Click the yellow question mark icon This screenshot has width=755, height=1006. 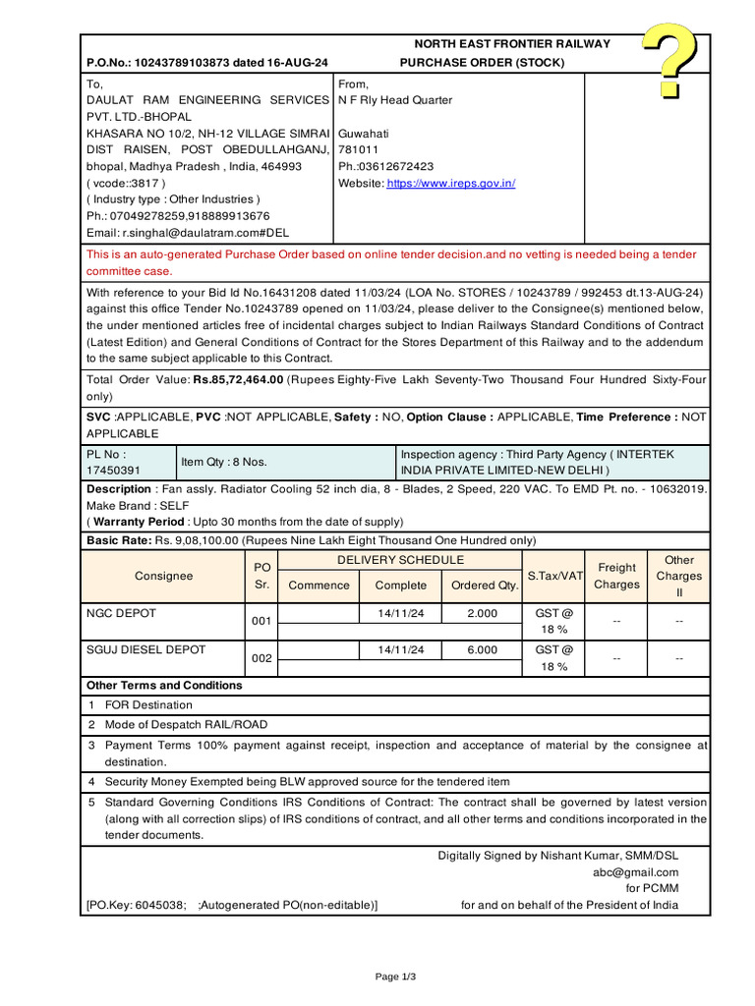tap(670, 62)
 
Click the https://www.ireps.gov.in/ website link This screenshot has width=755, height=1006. tap(451, 184)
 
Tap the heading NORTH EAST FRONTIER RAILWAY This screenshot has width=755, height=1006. tap(511, 44)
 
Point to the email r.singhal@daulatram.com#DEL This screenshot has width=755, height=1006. tap(185, 233)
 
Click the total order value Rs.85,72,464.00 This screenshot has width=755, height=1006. tap(238, 379)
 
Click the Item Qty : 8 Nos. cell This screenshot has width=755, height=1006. tap(223, 462)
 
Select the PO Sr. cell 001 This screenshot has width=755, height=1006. tap(261, 622)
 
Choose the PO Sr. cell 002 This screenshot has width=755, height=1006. tap(261, 658)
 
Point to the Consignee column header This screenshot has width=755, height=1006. tap(163, 577)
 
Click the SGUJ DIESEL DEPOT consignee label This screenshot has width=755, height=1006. tap(146, 650)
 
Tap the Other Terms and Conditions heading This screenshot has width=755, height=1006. tap(164, 686)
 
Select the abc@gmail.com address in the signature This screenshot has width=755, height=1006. tap(635, 872)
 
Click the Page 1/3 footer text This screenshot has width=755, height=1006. tap(396, 977)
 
